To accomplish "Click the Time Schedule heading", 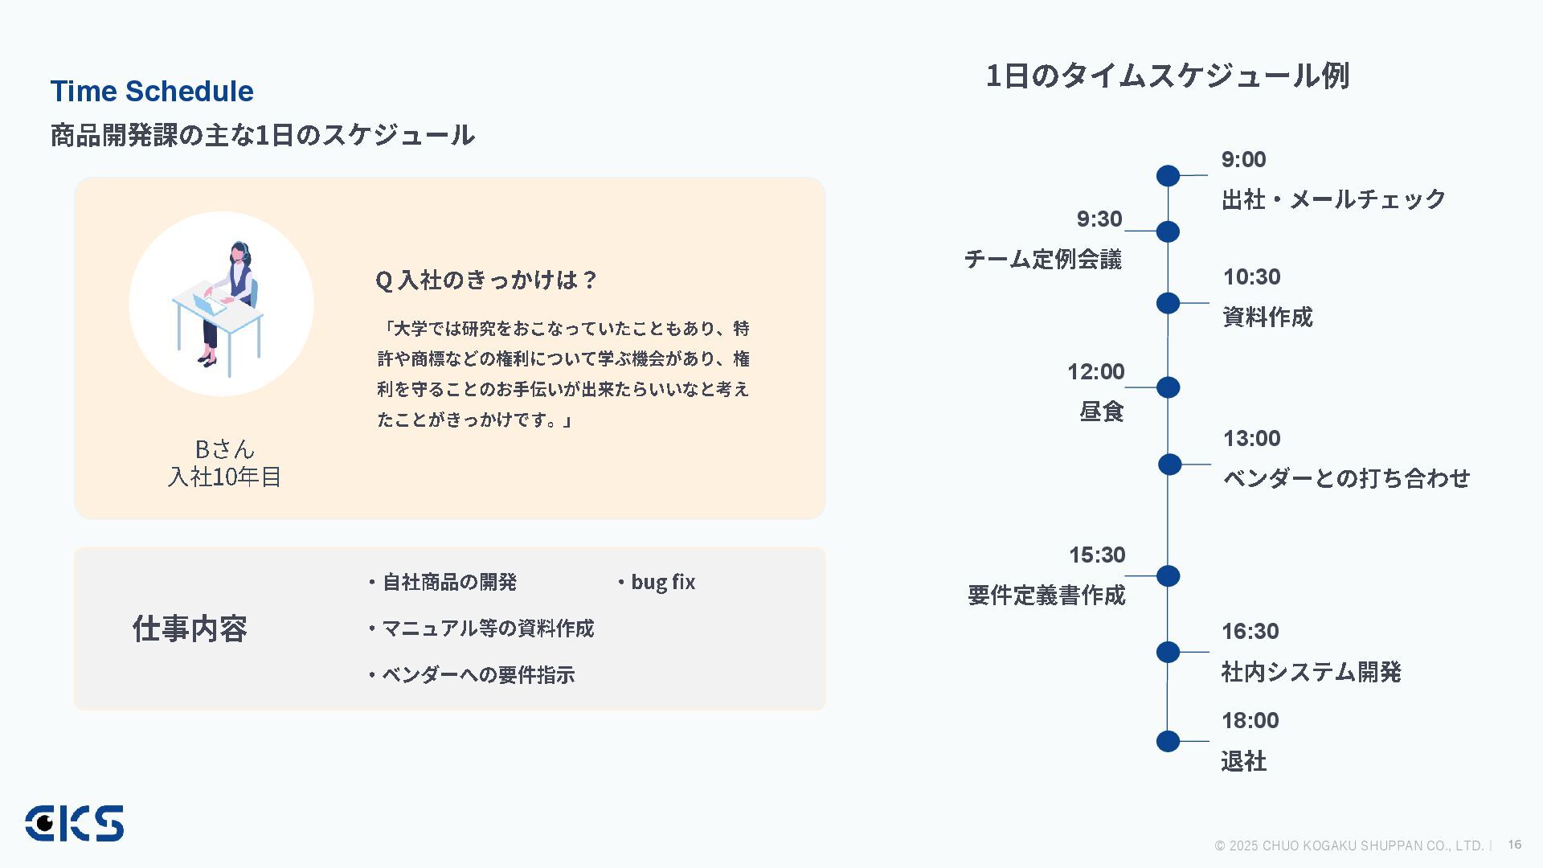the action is [x=152, y=92].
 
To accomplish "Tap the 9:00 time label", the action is [x=1243, y=160].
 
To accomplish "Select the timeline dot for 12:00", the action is [x=1168, y=387].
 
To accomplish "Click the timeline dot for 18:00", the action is [x=1168, y=741].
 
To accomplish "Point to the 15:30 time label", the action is [x=1096, y=555].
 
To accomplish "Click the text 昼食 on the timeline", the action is [x=1101, y=411].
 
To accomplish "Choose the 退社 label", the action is [x=1243, y=761].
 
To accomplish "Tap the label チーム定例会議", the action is [x=1042, y=259].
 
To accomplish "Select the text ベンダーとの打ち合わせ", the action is [x=1346, y=478].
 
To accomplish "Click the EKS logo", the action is [x=74, y=823].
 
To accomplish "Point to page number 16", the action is [x=1514, y=844].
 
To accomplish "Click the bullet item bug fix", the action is [x=662, y=582].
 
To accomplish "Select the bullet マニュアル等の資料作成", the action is [x=487, y=628].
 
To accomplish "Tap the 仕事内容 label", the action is [x=190, y=628].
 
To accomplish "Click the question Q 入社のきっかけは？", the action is [x=486, y=280].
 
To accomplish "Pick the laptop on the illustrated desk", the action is [x=208, y=304].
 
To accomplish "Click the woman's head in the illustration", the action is [x=239, y=252].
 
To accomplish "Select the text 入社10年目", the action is [x=224, y=477].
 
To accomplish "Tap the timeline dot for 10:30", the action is [x=1168, y=303].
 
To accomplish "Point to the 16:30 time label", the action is [x=1250, y=632].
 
